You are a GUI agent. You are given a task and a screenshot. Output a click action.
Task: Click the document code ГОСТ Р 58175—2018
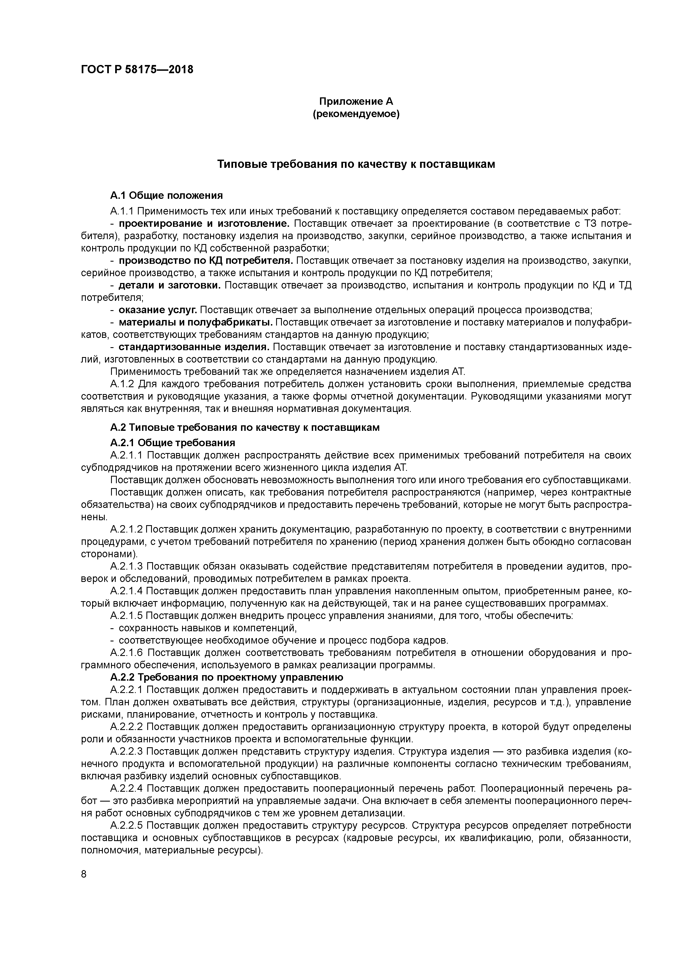pos(137,70)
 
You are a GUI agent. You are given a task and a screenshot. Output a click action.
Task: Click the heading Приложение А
pos(356,101)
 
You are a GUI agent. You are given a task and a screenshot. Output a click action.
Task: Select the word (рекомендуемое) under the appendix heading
pos(356,114)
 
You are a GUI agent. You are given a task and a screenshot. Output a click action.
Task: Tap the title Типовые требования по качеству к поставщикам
pos(356,164)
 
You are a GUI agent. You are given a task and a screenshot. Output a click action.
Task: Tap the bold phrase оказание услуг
pos(158,310)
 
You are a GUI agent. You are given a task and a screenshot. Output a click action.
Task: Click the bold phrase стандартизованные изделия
pos(194,347)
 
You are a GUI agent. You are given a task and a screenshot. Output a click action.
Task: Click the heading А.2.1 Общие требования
pos(173,443)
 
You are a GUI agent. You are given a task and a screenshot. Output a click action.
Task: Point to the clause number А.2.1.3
pos(126,567)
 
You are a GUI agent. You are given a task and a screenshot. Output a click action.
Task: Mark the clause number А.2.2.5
pos(126,825)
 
